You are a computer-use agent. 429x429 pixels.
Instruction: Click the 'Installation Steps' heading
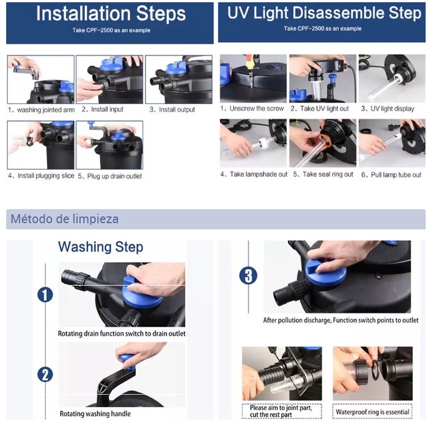coord(111,13)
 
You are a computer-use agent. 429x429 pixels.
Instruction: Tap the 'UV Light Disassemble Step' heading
coord(324,13)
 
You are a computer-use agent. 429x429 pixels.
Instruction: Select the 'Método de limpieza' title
coord(65,219)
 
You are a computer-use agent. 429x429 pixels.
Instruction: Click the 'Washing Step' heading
coord(101,247)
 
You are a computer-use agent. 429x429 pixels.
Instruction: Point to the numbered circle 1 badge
coord(45,295)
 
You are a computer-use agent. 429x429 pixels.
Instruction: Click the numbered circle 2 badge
coord(45,375)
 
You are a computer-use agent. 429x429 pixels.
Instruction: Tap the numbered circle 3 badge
coord(248,276)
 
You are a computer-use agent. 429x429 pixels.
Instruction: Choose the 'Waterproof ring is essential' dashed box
coord(372,411)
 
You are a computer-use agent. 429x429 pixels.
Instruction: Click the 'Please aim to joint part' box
coord(281,411)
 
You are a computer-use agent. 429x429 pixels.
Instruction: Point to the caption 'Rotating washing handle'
coord(95,414)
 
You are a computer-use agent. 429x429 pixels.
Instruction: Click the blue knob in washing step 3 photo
coord(326,271)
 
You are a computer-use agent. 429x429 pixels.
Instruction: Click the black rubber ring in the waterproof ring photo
coord(375,370)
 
